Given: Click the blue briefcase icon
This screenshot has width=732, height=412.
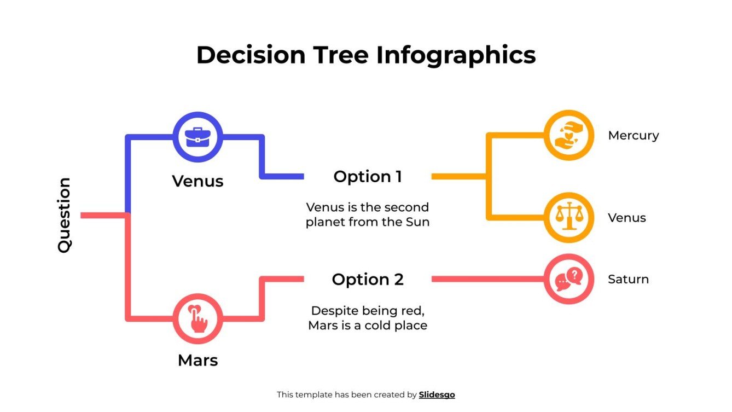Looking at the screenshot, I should (x=197, y=137).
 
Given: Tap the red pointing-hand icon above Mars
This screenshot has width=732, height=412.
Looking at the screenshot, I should (x=197, y=319).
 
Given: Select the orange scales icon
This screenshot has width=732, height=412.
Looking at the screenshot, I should (x=568, y=217).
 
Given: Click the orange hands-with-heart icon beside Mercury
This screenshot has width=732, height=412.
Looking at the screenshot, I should (x=568, y=135).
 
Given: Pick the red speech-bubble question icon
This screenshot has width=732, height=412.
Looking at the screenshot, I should (x=568, y=279).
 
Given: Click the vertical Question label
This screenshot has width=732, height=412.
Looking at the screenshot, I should (x=65, y=214).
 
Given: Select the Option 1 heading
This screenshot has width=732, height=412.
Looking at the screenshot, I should (x=368, y=177).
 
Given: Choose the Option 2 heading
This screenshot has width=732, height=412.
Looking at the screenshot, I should (x=368, y=280).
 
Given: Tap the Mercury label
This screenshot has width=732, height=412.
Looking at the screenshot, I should (x=633, y=136).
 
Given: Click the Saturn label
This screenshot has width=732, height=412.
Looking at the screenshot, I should (x=628, y=279).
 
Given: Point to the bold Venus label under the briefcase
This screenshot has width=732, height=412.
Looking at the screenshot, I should (x=197, y=181).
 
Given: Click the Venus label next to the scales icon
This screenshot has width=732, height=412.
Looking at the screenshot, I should (x=627, y=218).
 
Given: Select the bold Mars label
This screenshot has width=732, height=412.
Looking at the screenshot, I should (x=197, y=361).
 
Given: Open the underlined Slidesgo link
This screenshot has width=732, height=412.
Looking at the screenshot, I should (x=437, y=394).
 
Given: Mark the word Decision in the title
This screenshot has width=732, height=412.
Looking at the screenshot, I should (x=251, y=55).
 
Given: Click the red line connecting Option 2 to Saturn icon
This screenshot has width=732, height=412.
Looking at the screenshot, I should (x=487, y=279).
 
